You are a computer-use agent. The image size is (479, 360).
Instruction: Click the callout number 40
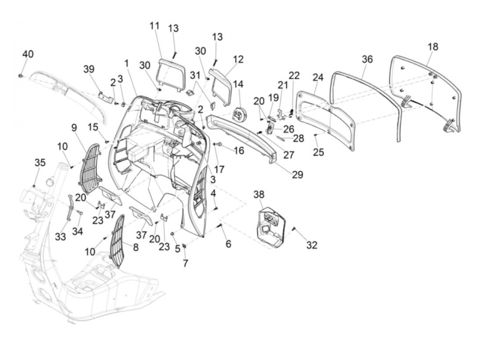click(x=28, y=54)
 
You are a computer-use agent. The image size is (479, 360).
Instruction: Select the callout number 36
click(x=367, y=59)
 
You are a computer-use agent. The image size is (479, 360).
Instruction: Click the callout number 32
click(x=312, y=245)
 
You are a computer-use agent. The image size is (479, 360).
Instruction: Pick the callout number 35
click(x=40, y=163)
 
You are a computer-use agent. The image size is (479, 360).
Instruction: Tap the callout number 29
click(x=298, y=175)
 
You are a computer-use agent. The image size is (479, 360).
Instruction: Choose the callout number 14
click(x=238, y=84)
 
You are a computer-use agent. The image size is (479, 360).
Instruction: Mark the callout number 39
click(x=89, y=69)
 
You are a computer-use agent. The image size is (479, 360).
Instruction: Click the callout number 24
click(x=318, y=77)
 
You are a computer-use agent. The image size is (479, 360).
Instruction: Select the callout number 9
click(x=74, y=128)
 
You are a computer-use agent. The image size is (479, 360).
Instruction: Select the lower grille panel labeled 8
click(x=118, y=241)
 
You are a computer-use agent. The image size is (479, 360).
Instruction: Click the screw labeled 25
click(x=315, y=135)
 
